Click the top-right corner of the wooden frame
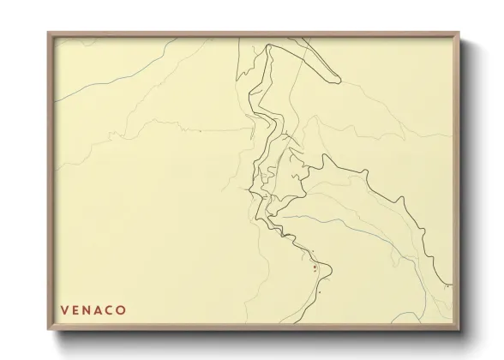coord(463,33)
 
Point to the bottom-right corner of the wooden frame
coord(463,332)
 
